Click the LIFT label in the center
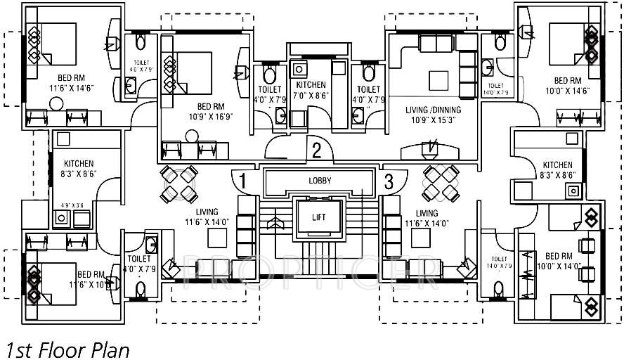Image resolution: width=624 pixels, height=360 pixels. [319, 218]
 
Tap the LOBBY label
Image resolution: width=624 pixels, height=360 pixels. [320, 181]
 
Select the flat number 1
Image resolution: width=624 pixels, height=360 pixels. [242, 181]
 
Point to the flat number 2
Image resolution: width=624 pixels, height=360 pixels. [317, 150]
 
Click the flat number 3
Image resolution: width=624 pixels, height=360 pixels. [388, 181]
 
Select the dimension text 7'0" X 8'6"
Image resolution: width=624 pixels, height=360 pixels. [311, 96]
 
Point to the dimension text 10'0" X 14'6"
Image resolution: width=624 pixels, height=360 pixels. [568, 91]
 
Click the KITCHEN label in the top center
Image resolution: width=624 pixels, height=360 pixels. [311, 85]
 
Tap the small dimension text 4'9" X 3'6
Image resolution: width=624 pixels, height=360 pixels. [72, 206]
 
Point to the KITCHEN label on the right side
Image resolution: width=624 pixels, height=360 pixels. [558, 165]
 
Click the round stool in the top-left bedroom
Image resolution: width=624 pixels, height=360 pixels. [57, 104]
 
